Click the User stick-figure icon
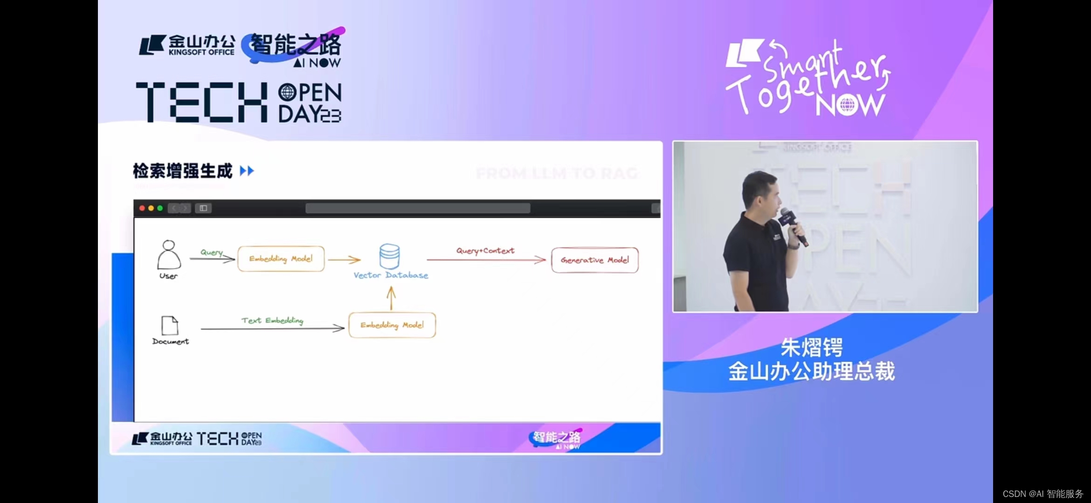tap(169, 255)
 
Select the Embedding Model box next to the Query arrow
tap(281, 258)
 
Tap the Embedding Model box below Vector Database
tap(392, 325)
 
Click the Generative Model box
tap(594, 260)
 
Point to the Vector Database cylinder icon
tap(389, 256)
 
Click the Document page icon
tap(170, 326)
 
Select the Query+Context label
tap(485, 251)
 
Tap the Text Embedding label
tap(272, 320)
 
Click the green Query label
tap(211, 252)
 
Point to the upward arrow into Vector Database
tap(391, 298)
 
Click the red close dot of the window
tap(142, 208)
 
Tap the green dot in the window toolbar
tap(160, 208)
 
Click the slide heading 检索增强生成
tap(182, 171)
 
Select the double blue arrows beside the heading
tap(247, 171)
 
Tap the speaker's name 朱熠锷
tap(811, 347)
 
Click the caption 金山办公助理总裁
tap(811, 372)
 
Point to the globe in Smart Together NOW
tap(847, 105)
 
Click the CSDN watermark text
tap(1043, 494)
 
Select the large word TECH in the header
tap(201, 102)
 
